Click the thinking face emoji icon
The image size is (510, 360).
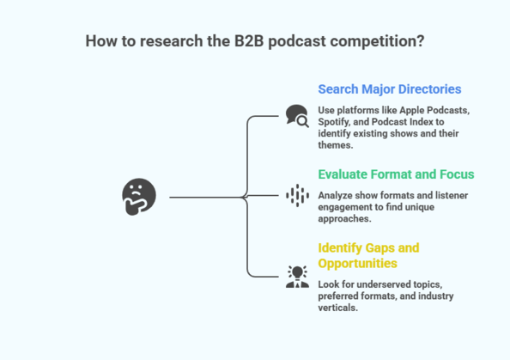[139, 197]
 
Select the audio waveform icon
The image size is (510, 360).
[297, 196]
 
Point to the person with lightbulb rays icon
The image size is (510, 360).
[297, 276]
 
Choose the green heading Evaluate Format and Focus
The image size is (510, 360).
[396, 174]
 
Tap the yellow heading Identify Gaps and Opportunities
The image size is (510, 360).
[368, 255]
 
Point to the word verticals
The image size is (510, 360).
[338, 308]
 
